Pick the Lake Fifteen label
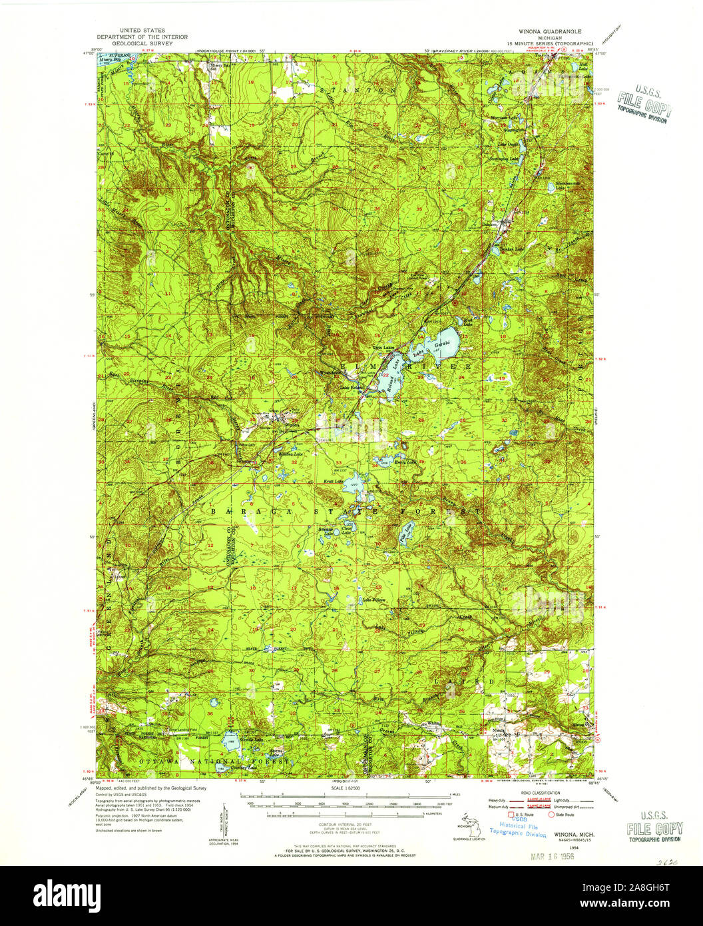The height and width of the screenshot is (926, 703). click(373, 599)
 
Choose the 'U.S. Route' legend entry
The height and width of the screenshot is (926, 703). click(525, 813)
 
